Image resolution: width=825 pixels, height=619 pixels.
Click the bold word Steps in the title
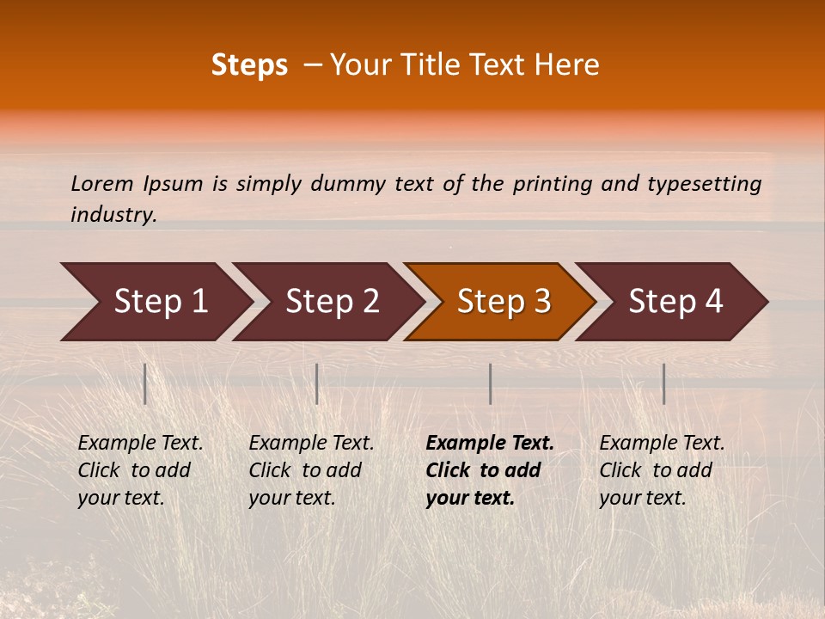[249, 65]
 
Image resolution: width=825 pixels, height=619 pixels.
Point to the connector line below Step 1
[145, 383]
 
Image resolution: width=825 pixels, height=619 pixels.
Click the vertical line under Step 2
[317, 383]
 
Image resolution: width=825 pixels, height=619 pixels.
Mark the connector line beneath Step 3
[490, 383]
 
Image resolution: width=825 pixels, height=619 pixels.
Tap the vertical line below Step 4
[663, 383]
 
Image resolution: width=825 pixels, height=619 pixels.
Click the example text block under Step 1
[140, 470]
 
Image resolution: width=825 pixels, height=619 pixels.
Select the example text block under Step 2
[311, 470]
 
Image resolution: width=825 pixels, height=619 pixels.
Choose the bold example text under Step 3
[490, 470]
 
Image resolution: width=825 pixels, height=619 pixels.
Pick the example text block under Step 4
[662, 470]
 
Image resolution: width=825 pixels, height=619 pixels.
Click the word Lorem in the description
[102, 183]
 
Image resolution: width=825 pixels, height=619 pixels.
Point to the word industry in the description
[113, 215]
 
